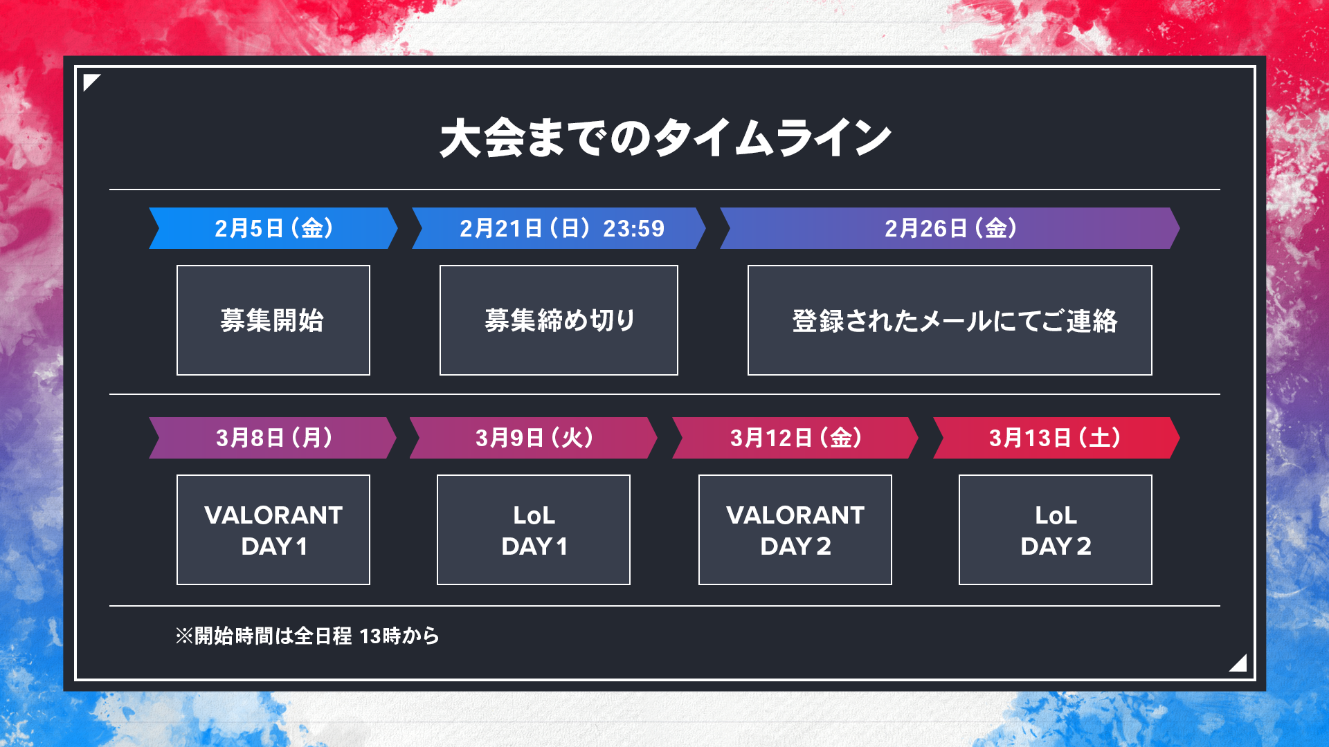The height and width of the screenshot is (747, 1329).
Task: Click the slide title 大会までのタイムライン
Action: tap(665, 138)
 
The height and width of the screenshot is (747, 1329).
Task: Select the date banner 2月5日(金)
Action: tap(273, 228)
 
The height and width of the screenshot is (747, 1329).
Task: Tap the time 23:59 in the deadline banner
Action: tap(633, 228)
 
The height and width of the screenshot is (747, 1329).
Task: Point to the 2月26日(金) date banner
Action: tap(950, 228)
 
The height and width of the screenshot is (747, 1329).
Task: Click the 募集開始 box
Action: tap(273, 320)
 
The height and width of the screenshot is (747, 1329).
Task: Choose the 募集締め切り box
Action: tap(559, 320)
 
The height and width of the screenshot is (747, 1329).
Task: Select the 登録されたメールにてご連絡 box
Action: tap(950, 320)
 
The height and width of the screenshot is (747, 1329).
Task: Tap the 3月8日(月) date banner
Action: tap(273, 438)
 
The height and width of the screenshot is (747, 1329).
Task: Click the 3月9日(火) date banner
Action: tap(534, 438)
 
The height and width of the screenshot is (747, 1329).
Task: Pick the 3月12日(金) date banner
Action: tap(795, 438)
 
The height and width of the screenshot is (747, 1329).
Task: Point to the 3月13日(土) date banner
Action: tap(1056, 438)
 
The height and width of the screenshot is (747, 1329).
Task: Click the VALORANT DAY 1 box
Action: tap(273, 530)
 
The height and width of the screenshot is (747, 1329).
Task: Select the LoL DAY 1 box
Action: tap(534, 530)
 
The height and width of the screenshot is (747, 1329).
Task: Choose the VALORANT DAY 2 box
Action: tap(795, 530)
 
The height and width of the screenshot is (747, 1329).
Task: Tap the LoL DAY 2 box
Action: tap(1056, 530)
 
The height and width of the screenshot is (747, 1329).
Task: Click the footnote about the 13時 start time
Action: tap(307, 636)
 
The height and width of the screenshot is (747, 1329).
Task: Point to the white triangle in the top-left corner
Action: tap(89, 80)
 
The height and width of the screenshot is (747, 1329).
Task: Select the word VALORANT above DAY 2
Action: tap(795, 515)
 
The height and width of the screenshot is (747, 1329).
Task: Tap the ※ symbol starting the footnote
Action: tap(184, 636)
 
